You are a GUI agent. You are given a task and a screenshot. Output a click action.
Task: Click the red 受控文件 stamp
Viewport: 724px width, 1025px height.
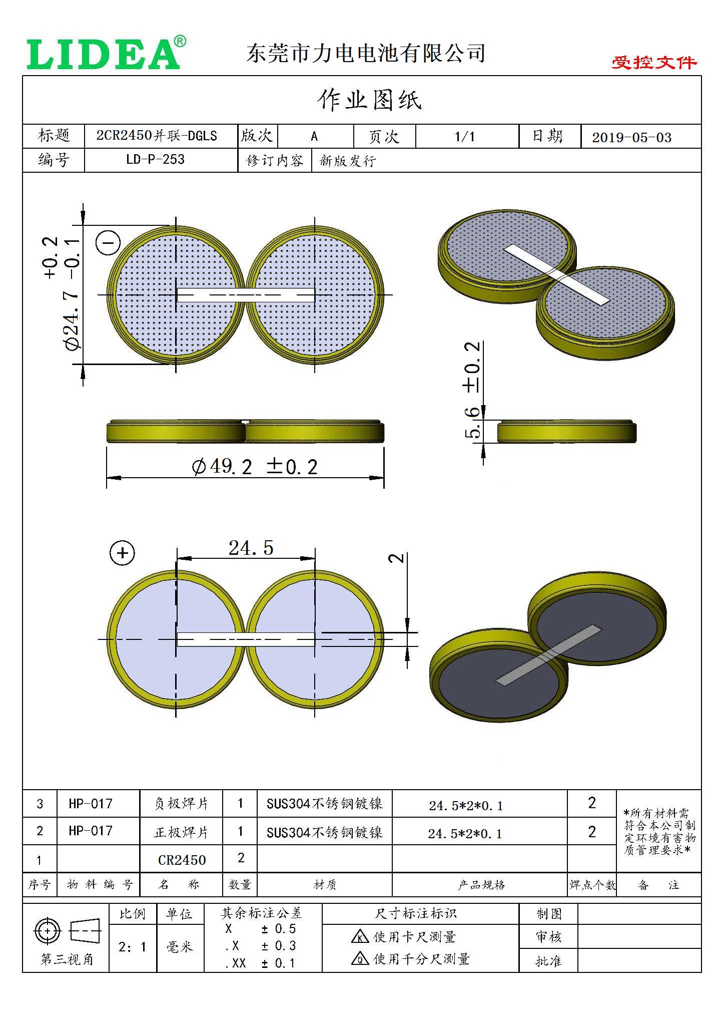coord(654,63)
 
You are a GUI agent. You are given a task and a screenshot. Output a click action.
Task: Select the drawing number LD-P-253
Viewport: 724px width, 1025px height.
coord(155,160)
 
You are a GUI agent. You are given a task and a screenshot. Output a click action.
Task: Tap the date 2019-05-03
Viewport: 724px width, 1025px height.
coord(631,138)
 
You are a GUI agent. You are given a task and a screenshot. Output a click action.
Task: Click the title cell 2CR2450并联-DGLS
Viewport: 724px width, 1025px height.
coord(157,136)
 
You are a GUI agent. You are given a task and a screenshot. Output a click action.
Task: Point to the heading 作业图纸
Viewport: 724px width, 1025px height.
coord(369,100)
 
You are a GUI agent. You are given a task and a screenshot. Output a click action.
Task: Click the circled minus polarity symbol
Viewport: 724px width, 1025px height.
coord(108,243)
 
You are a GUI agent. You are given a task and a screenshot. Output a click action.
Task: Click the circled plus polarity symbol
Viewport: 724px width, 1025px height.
coord(122,553)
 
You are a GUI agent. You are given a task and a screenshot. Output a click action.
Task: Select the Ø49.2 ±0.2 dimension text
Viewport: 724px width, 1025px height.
coord(254,467)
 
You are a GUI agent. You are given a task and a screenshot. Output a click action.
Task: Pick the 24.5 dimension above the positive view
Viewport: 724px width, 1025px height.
coord(251,548)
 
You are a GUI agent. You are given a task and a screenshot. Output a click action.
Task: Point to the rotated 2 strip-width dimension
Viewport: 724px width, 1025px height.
coord(397,557)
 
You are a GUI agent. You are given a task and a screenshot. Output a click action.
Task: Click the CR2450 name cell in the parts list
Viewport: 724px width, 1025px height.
coord(182,860)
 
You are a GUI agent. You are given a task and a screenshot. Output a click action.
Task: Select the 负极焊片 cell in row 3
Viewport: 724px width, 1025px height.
coord(181,804)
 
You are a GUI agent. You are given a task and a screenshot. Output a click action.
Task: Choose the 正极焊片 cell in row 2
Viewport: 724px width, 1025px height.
coord(181,832)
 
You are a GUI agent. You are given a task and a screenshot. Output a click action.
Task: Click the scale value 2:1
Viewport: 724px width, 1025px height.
coord(133,947)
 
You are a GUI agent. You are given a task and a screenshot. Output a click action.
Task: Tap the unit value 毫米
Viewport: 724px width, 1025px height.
coord(180,947)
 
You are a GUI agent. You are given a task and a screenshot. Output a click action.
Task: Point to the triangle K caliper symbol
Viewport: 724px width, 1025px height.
coord(360,937)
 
